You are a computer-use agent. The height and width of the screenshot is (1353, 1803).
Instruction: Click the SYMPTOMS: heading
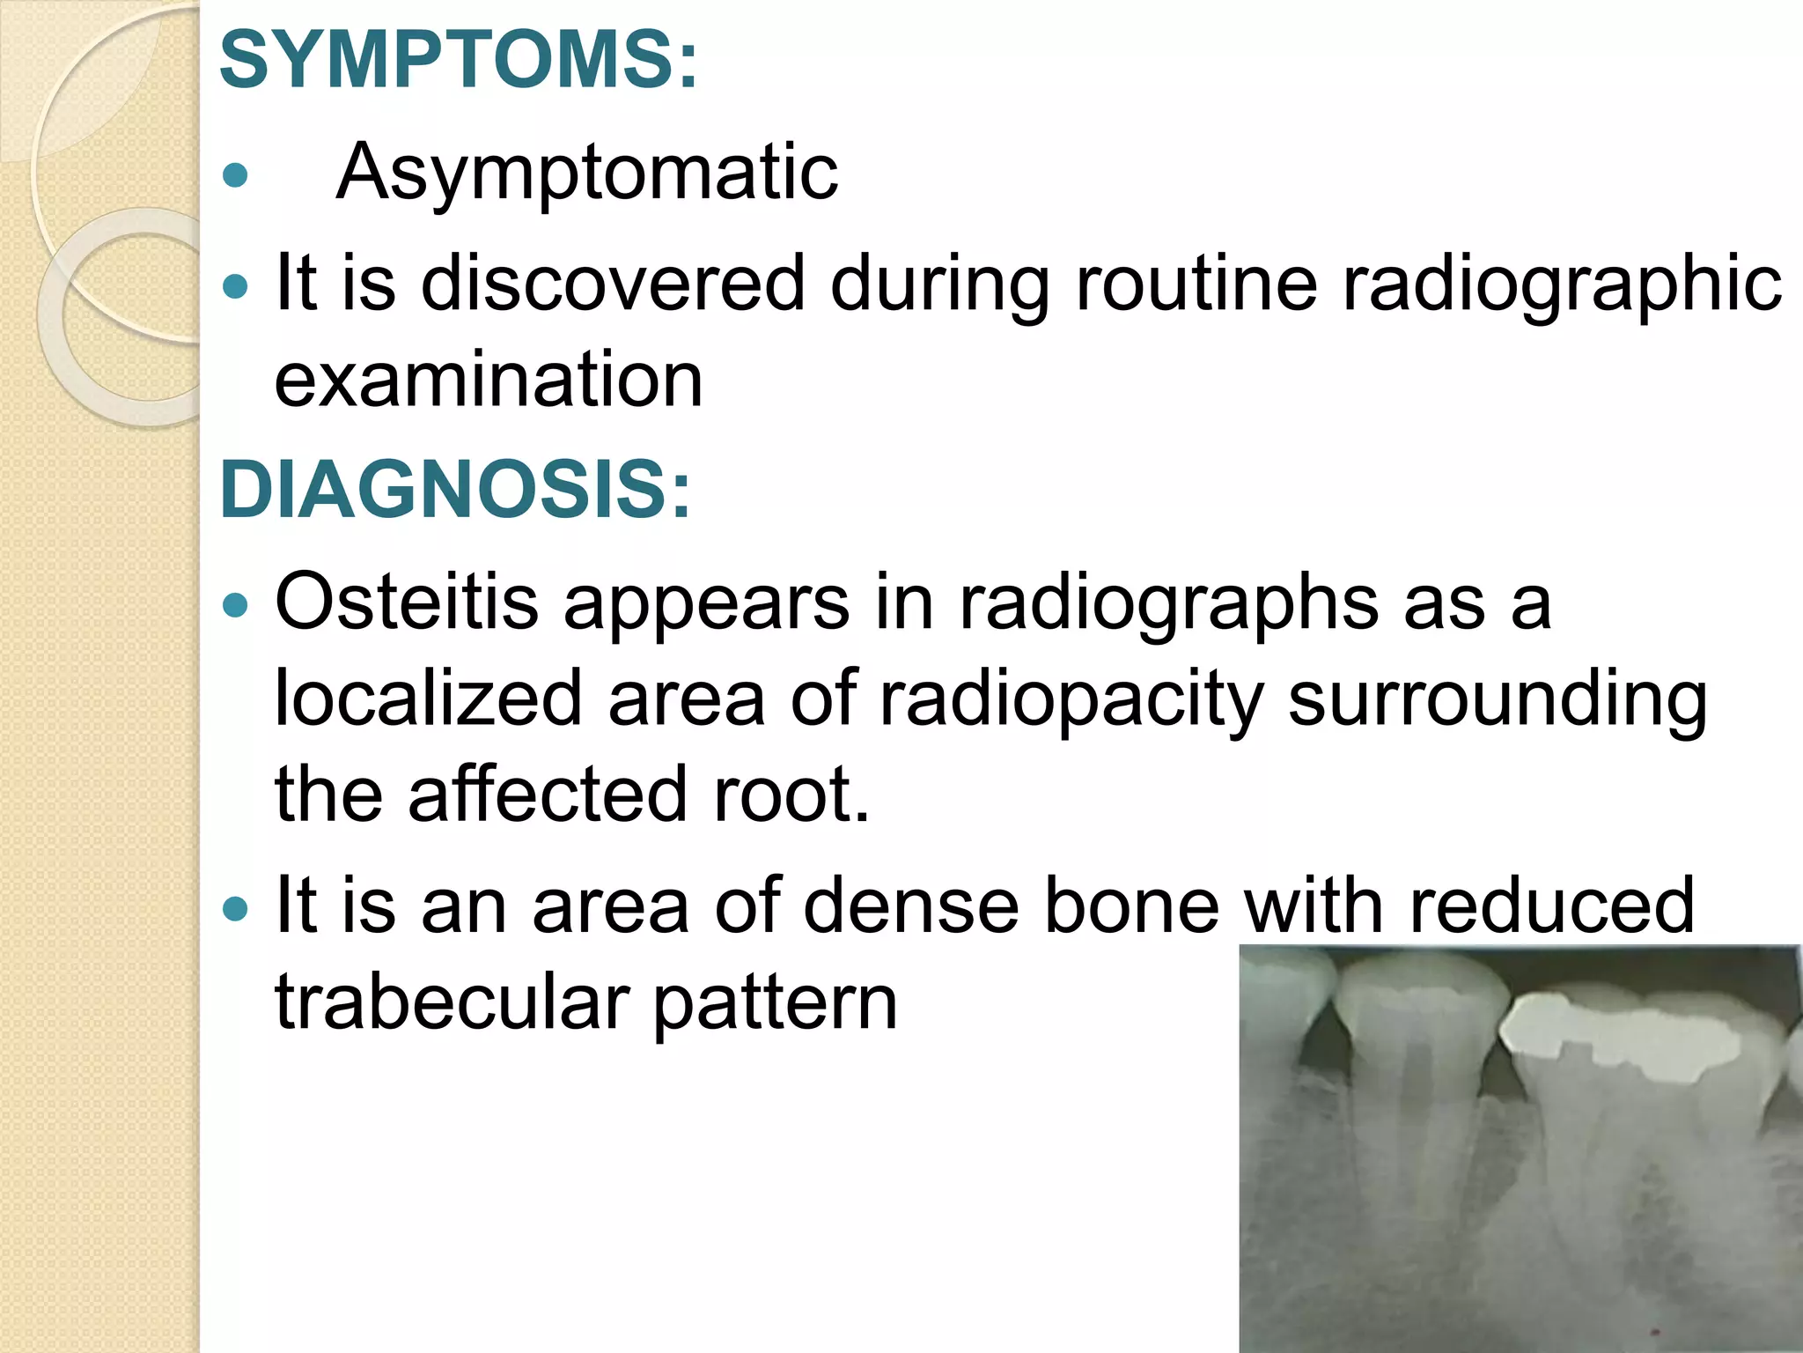click(458, 60)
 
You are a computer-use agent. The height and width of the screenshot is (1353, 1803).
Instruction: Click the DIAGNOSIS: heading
click(455, 490)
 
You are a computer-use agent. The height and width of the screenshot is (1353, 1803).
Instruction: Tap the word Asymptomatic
click(587, 173)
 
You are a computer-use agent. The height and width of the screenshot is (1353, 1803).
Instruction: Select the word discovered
click(614, 284)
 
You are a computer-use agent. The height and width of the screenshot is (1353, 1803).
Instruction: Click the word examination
click(489, 380)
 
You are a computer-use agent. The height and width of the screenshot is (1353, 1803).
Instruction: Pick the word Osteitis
click(407, 602)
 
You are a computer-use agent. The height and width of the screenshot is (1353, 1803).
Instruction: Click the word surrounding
click(1497, 699)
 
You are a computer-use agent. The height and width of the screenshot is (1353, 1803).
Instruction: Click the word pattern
click(775, 1003)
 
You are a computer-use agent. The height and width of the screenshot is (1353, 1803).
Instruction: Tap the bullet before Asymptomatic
click(235, 175)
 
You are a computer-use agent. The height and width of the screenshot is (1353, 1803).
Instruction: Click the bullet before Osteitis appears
click(235, 605)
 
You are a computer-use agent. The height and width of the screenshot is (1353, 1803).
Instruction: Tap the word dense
click(910, 906)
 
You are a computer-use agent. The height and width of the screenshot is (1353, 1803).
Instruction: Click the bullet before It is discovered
click(235, 286)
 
